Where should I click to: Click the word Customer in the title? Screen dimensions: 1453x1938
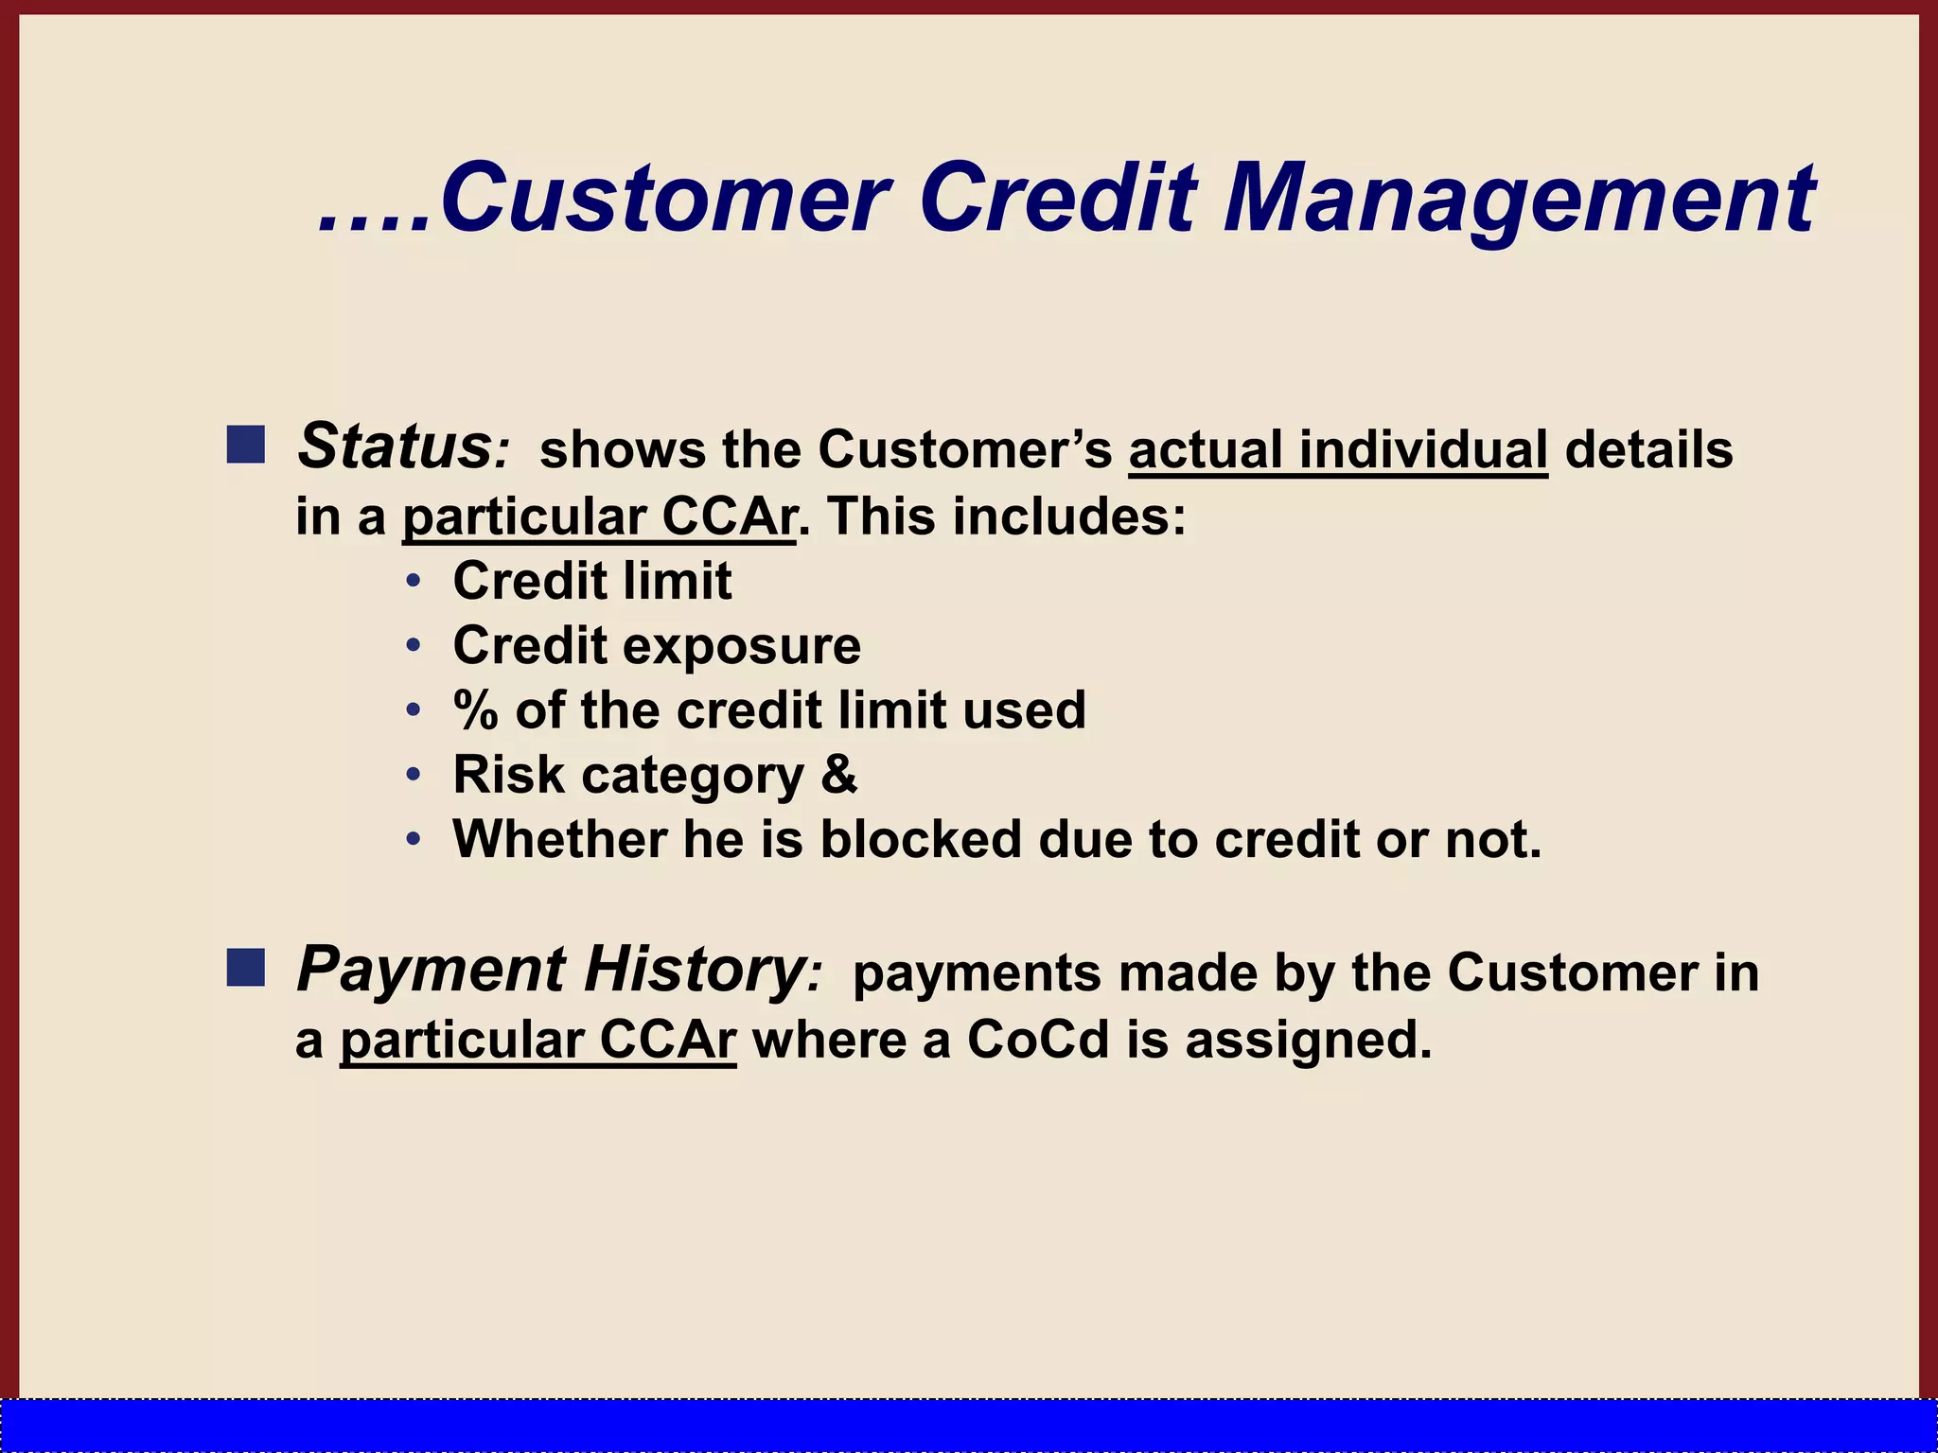pyautogui.click(x=662, y=199)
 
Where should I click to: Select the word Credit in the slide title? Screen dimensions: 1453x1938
pyautogui.click(x=1058, y=199)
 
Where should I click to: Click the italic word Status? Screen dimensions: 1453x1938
pyautogui.click(x=393, y=446)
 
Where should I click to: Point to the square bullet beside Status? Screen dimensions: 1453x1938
pyautogui.click(x=246, y=445)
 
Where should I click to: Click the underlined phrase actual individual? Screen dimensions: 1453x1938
pyautogui.click(x=1338, y=449)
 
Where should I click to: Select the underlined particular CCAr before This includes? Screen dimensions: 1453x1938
pyautogui.click(x=599, y=517)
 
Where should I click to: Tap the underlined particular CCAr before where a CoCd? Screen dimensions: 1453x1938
pyautogui.click(x=537, y=1041)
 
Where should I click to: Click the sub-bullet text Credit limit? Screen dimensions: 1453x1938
pyautogui.click(x=592, y=581)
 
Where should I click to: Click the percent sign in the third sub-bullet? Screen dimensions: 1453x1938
pyautogui.click(x=475, y=710)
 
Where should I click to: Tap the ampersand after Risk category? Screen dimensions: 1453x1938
pyautogui.click(x=838, y=774)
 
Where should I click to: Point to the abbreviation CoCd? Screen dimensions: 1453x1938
pyautogui.click(x=1037, y=1041)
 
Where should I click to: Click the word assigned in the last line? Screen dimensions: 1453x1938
pyautogui.click(x=1308, y=1041)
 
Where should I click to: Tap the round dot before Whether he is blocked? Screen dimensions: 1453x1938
pyautogui.click(x=413, y=839)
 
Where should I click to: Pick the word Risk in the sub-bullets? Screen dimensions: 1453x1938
pyautogui.click(x=508, y=775)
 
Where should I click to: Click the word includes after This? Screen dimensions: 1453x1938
pyautogui.click(x=1068, y=517)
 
